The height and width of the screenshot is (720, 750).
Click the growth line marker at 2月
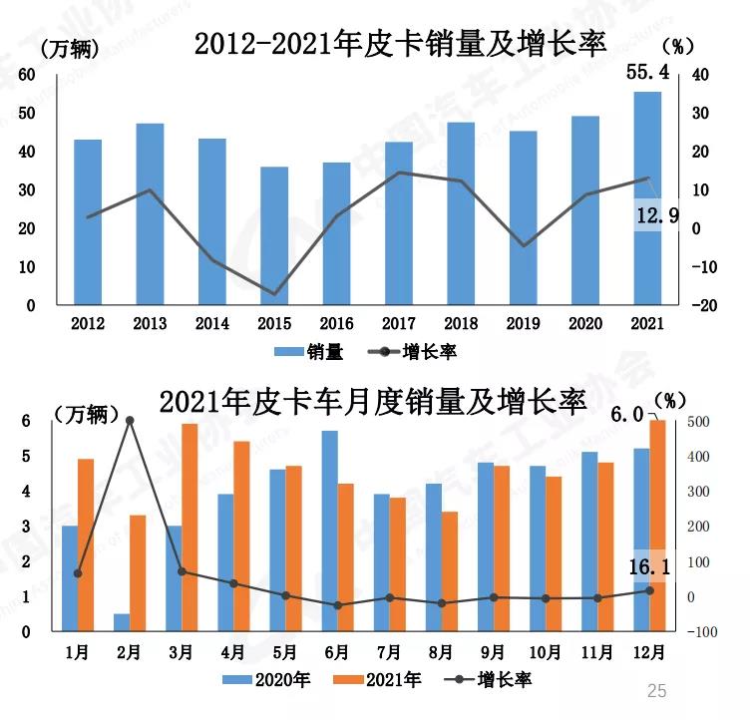[130, 421]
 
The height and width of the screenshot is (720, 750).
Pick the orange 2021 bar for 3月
[189, 527]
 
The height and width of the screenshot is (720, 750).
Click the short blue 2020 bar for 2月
[121, 622]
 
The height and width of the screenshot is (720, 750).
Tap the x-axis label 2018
[460, 323]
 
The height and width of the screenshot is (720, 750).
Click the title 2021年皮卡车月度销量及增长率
[372, 400]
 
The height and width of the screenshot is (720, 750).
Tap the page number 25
[656, 690]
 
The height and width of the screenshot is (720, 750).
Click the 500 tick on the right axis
[698, 422]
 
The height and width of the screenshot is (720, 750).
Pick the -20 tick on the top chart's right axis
[700, 305]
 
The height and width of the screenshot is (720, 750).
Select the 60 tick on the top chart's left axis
[27, 75]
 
